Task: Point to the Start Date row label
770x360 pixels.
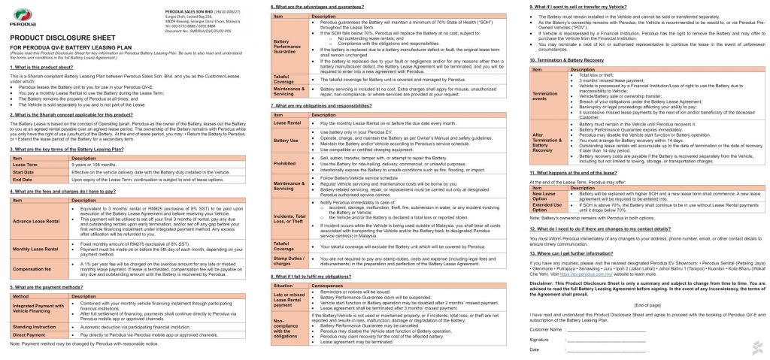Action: pos(24,172)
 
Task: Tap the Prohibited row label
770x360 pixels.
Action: pos(286,161)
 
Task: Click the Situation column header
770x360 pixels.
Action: pos(283,286)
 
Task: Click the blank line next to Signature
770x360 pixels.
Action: pos(605,340)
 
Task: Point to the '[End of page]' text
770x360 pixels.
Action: pos(647,304)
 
